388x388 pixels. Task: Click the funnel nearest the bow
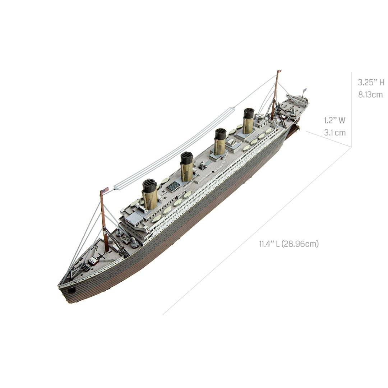150,196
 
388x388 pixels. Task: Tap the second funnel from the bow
187,168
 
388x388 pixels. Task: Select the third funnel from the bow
220,143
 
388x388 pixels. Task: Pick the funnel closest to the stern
248,122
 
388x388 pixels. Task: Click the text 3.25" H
371,82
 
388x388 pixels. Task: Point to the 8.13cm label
370,95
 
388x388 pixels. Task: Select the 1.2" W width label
334,120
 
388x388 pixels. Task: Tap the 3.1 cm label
335,133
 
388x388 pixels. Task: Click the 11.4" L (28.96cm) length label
289,244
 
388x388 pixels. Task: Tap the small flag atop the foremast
105,190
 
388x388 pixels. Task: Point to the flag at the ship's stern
305,90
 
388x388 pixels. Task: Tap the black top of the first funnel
149,185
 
